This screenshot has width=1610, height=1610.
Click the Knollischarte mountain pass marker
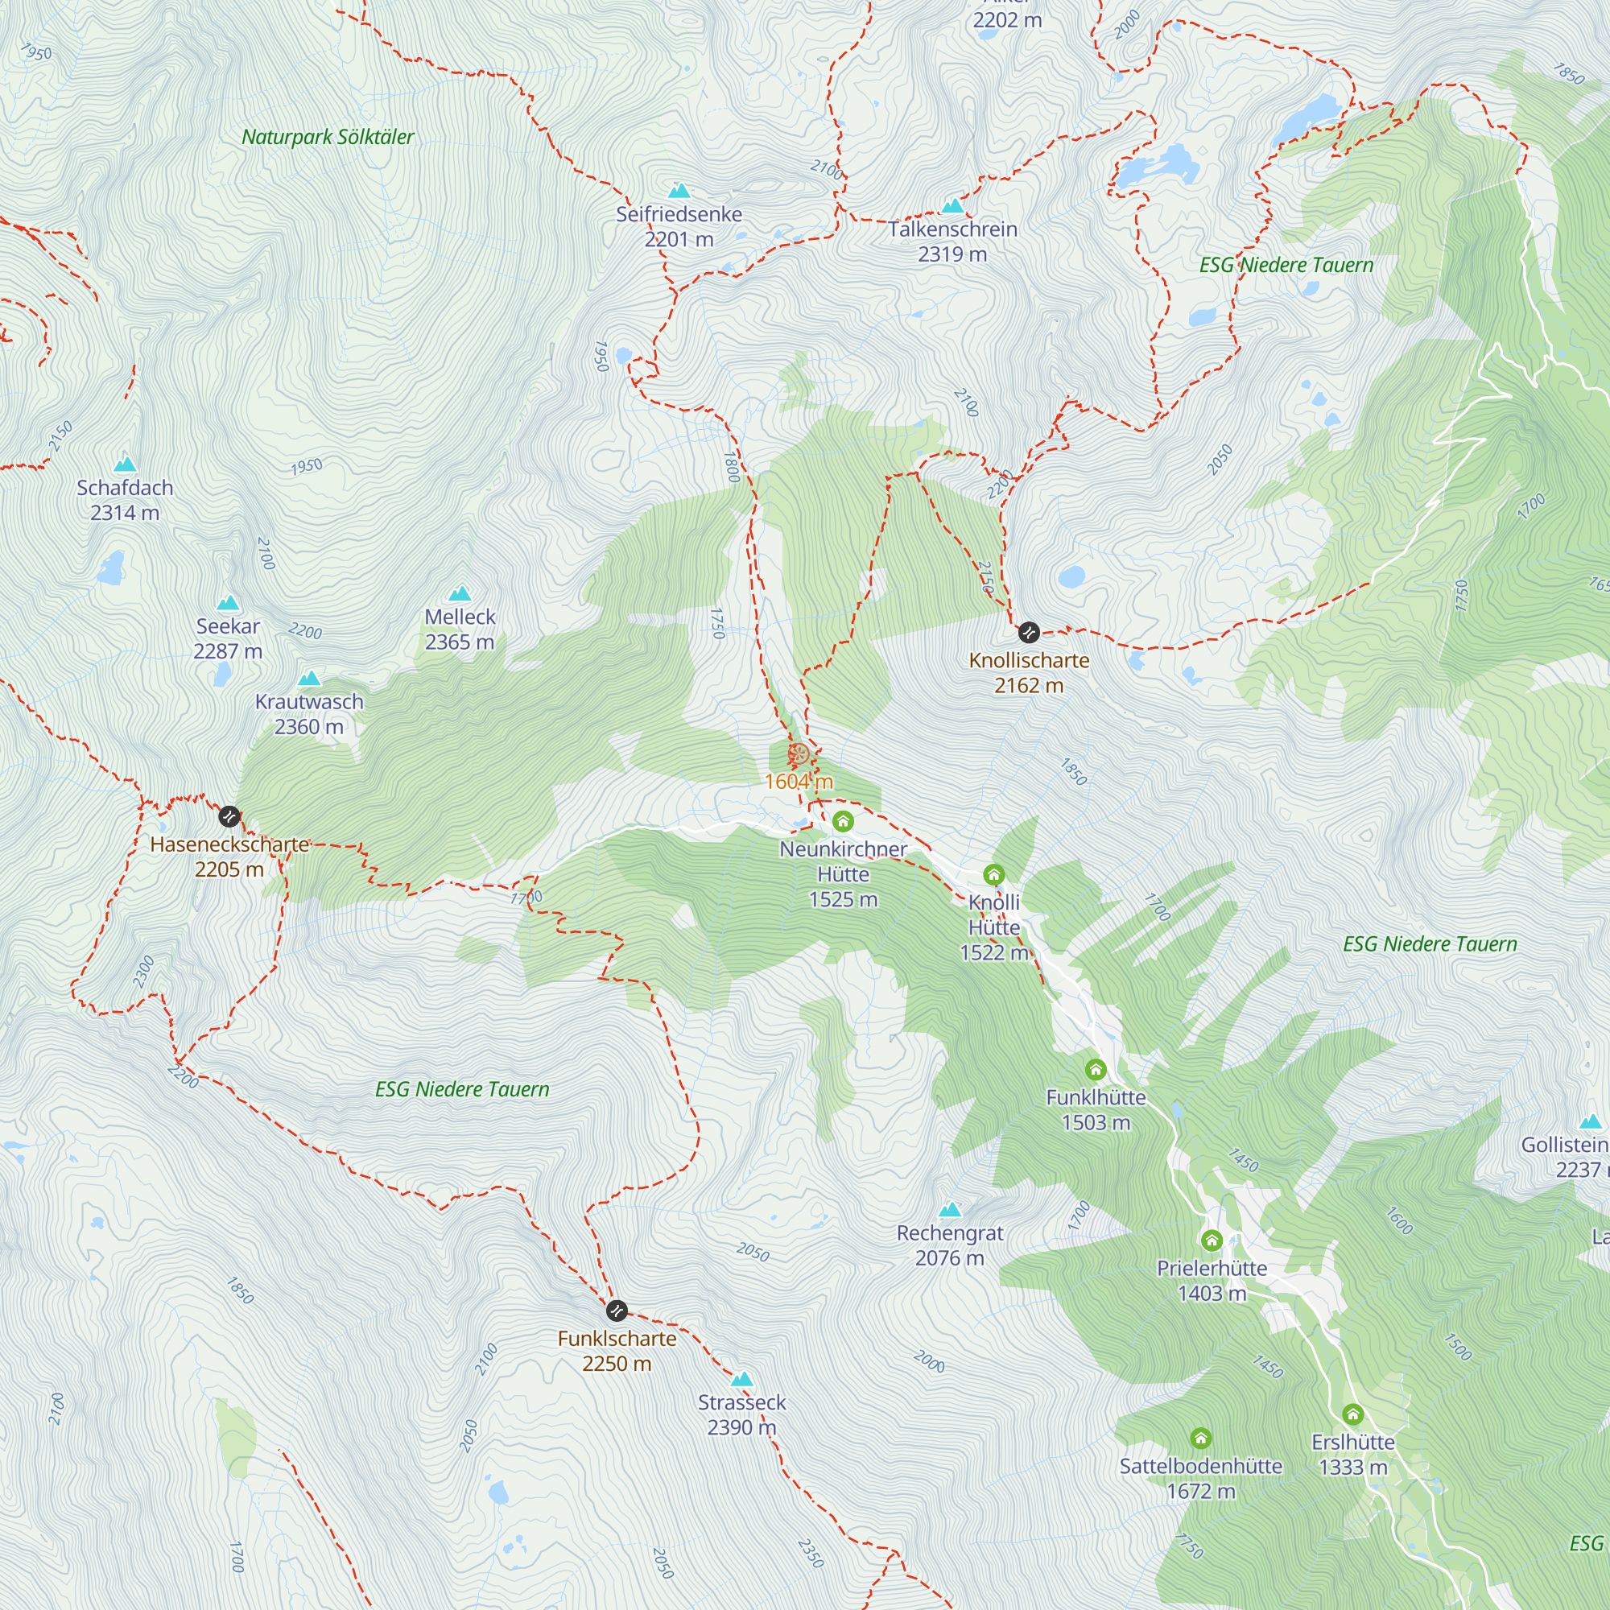[1029, 633]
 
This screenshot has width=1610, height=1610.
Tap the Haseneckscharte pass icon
[229, 816]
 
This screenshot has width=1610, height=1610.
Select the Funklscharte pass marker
[617, 1311]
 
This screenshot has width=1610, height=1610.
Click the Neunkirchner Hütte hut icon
[843, 822]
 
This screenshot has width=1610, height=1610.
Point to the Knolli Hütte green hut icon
[993, 874]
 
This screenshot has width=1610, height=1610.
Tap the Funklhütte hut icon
[1096, 1069]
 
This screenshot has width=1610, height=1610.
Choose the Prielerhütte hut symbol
[1212, 1241]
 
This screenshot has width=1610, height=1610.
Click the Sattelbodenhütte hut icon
[1200, 1439]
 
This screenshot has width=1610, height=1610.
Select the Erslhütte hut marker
[1352, 1414]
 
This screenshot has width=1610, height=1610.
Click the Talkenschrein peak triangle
[952, 205]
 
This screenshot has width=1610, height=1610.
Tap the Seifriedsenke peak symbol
[679, 191]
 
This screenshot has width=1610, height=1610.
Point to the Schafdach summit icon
[125, 464]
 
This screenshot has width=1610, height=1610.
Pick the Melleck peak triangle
[460, 593]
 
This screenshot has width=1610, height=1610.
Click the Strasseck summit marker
[741, 1378]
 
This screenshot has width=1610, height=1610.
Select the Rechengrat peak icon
[950, 1209]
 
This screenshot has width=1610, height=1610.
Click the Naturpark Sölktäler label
[328, 137]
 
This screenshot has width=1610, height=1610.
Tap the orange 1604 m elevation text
[799, 782]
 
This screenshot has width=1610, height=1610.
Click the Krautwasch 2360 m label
[309, 714]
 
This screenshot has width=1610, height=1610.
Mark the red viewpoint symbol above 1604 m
[799, 754]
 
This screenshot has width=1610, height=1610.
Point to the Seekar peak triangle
[228, 602]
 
